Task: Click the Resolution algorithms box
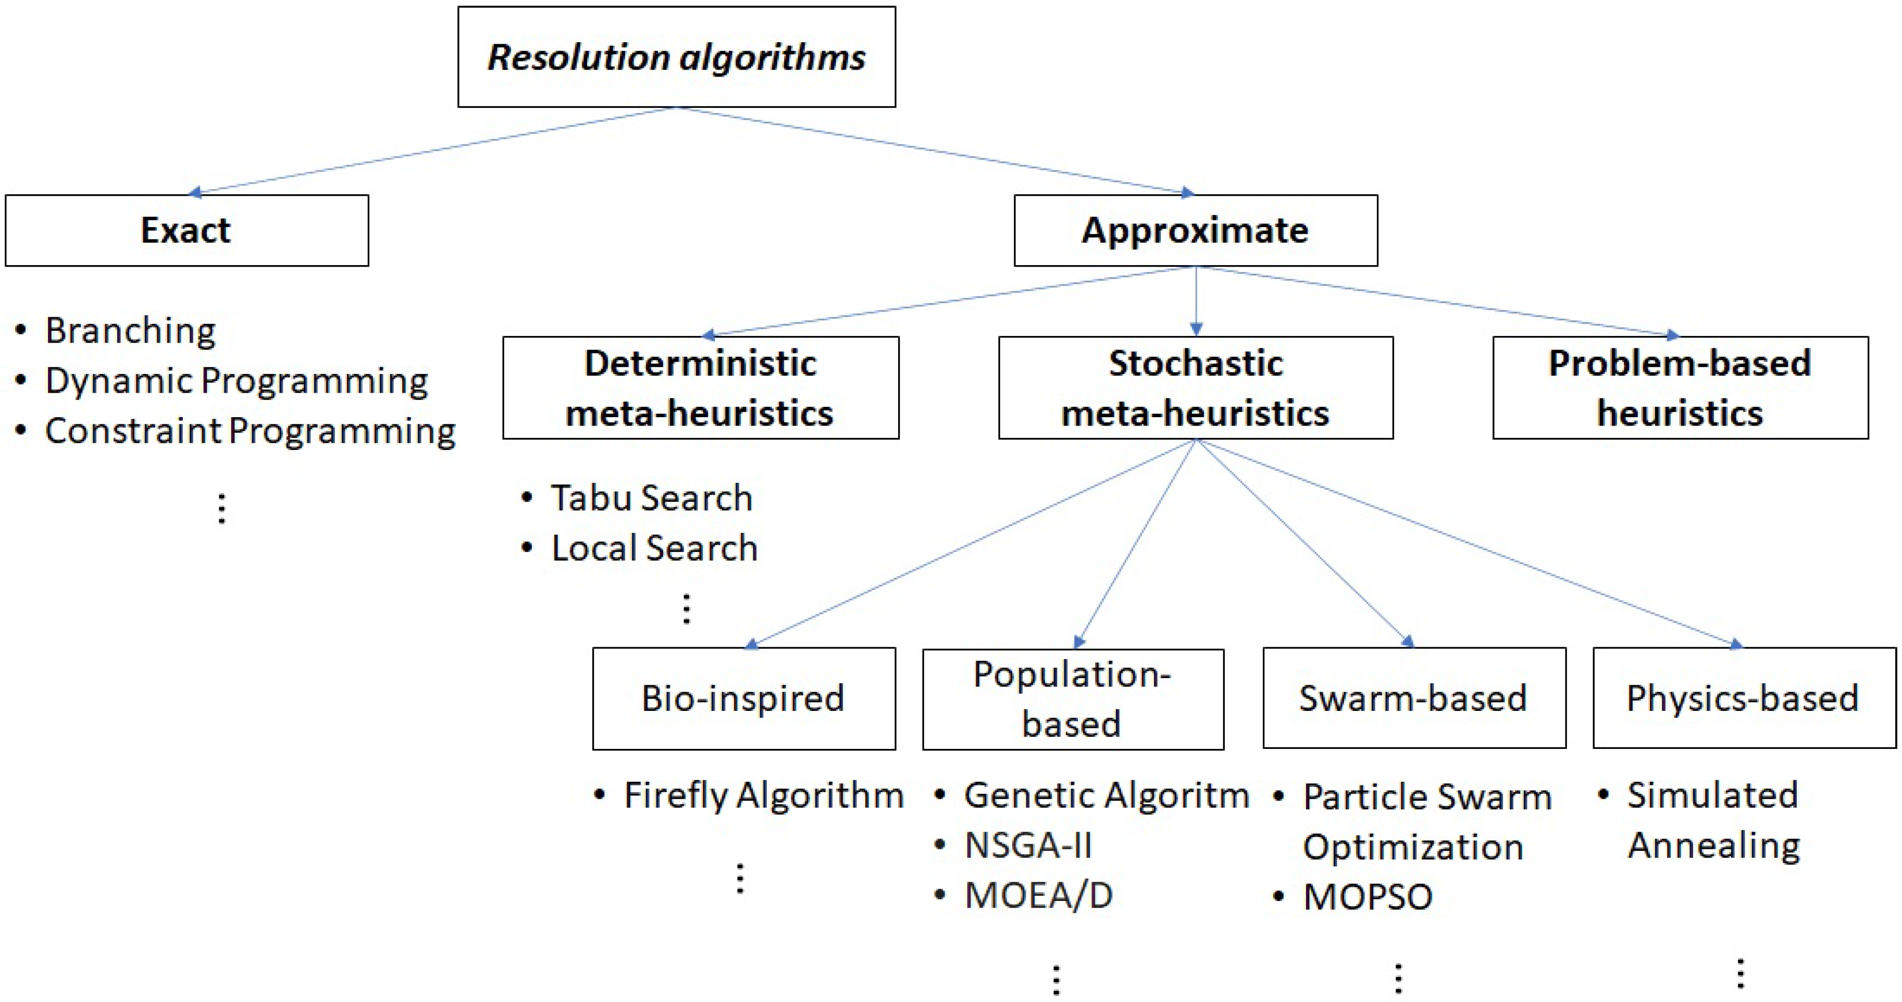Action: coord(676,57)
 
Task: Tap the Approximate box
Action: coord(1196,230)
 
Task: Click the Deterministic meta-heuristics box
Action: coord(700,387)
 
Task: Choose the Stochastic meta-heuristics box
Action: coord(1196,387)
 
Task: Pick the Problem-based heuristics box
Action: coord(1680,387)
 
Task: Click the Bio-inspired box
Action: coord(743,698)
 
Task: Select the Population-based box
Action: coord(1072,698)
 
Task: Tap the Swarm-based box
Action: coord(1413,698)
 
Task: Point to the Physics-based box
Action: coord(1743,698)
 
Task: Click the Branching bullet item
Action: coord(130,330)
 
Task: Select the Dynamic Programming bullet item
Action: coord(237,381)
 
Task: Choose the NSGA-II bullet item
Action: coord(1028,845)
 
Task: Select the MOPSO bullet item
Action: coord(1368,897)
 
